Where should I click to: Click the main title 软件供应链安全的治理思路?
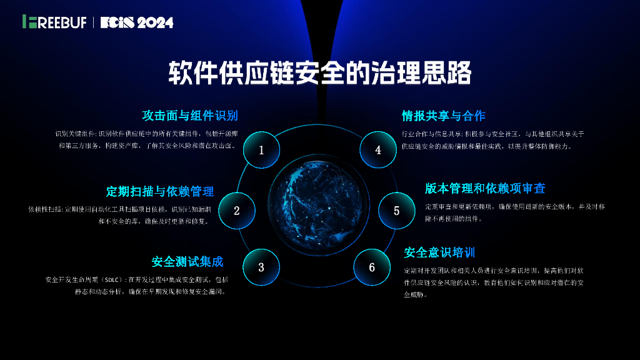[x=319, y=74]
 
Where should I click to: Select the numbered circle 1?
[x=261, y=150]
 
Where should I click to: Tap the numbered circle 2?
[x=237, y=211]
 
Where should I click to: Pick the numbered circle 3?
[x=261, y=267]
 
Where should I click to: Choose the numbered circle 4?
[x=378, y=150]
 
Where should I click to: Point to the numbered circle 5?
[x=396, y=211]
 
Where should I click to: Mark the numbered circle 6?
[x=372, y=267]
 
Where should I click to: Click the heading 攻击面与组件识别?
[x=190, y=116]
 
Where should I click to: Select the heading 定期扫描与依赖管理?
[x=161, y=191]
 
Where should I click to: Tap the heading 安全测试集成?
[x=187, y=261]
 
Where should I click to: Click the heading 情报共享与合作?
[x=443, y=116]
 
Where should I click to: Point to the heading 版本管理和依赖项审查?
[x=485, y=188]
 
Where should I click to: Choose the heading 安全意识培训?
[x=439, y=252]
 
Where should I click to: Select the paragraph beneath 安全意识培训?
[x=494, y=282]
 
